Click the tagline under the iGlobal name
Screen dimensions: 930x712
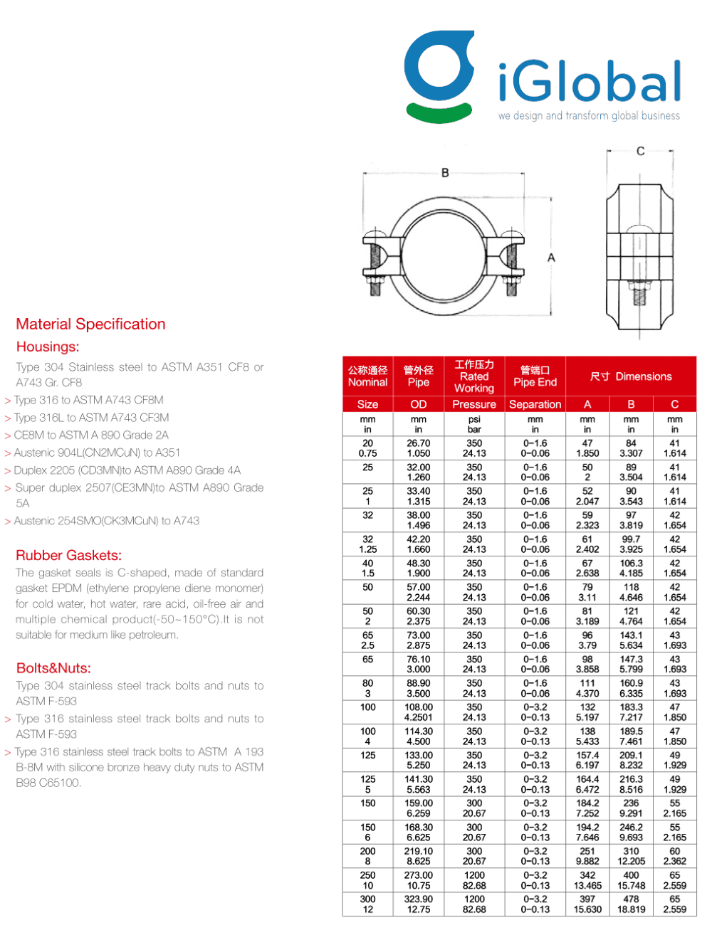click(x=589, y=116)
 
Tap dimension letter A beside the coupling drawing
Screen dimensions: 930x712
click(x=551, y=258)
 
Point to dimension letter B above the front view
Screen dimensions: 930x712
click(x=445, y=173)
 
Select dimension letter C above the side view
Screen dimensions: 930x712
click(x=640, y=151)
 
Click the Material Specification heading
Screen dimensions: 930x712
click(x=90, y=324)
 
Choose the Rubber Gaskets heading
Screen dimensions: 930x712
click(x=68, y=556)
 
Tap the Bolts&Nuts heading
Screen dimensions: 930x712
click(x=53, y=668)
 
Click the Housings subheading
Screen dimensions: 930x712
click(x=48, y=347)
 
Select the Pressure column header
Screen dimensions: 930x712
click(x=474, y=404)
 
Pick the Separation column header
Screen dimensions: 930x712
click(x=535, y=404)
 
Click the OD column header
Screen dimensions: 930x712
click(x=419, y=404)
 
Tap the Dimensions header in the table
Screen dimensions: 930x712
click(x=631, y=376)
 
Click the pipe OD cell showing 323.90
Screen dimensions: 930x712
click(x=419, y=899)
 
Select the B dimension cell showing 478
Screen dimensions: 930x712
click(x=631, y=899)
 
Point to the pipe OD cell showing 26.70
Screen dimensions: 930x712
click(x=419, y=443)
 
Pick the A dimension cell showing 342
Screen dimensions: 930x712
click(x=587, y=875)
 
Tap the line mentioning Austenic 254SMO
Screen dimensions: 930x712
click(x=106, y=521)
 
